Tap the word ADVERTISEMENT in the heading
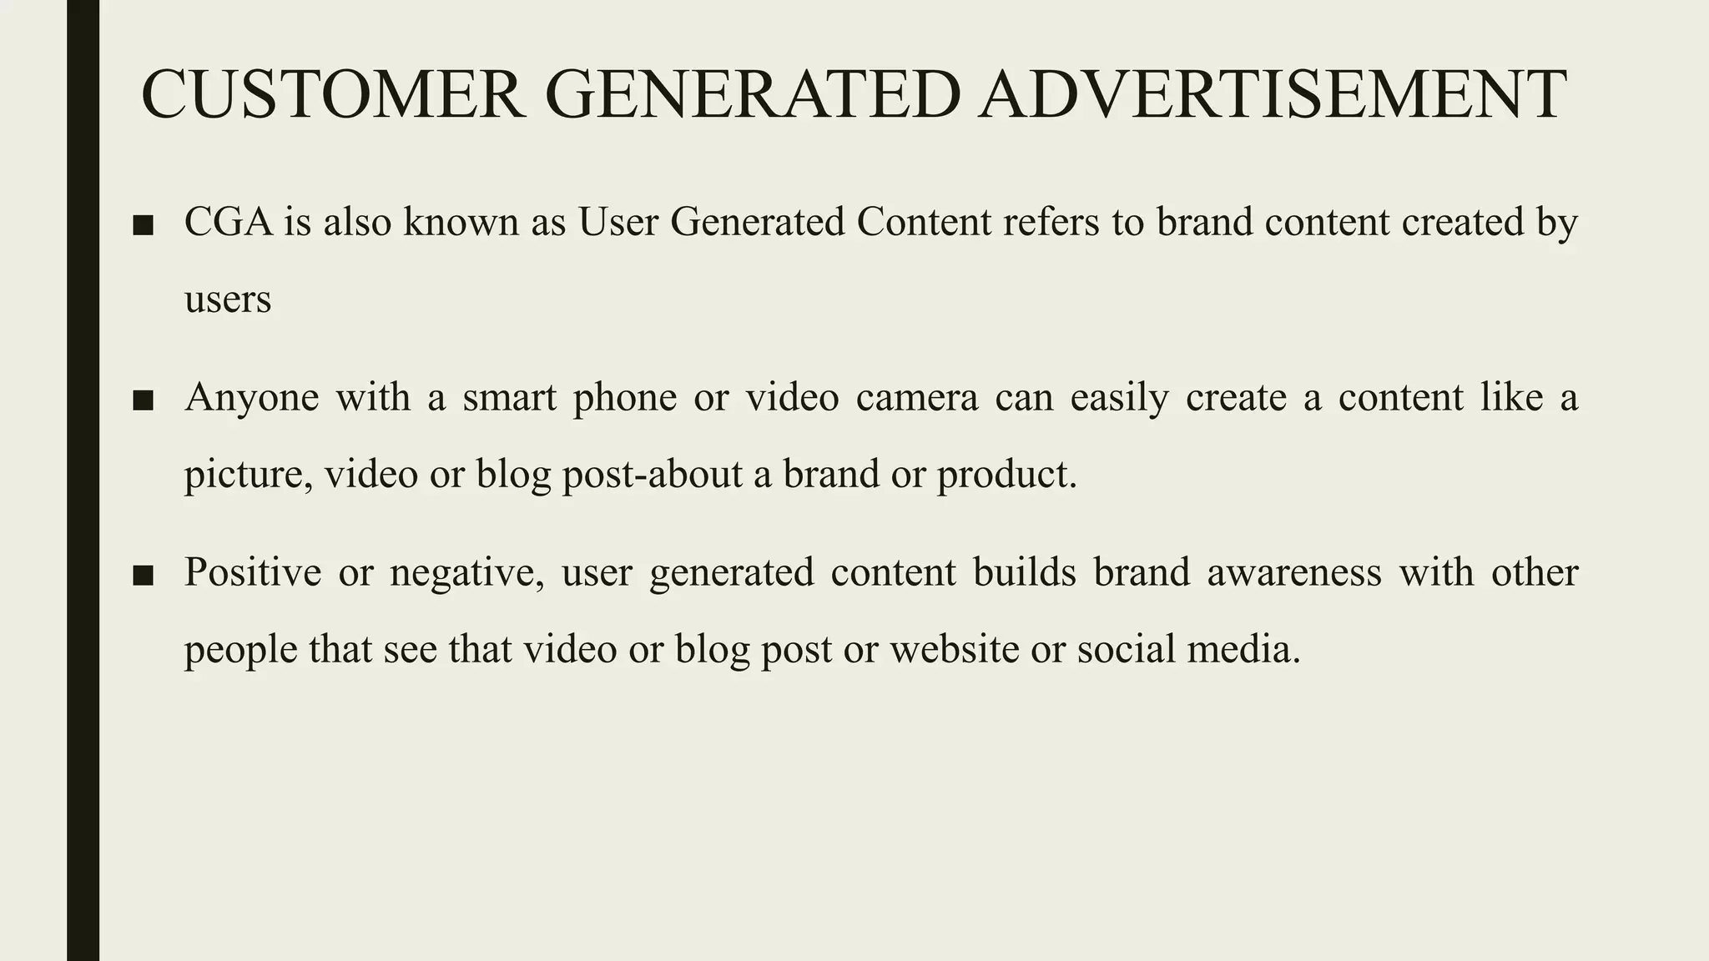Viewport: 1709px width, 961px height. pyautogui.click(x=1273, y=94)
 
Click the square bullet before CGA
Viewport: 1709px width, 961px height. pyautogui.click(x=143, y=225)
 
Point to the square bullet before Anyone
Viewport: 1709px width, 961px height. pyautogui.click(x=143, y=400)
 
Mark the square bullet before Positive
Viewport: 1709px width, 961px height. pyautogui.click(x=143, y=576)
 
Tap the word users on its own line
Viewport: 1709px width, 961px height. pyautogui.click(x=227, y=299)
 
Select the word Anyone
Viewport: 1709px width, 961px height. pyautogui.click(x=251, y=398)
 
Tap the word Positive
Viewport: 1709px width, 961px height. pyautogui.click(x=252, y=573)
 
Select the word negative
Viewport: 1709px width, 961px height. pyautogui.click(x=466, y=573)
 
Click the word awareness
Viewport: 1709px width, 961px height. pyautogui.click(x=1293, y=573)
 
